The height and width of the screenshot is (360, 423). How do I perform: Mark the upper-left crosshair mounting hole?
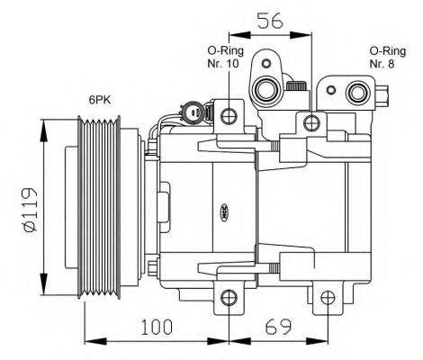coord(229,114)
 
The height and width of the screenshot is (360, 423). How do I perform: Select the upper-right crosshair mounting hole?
coord(311,122)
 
